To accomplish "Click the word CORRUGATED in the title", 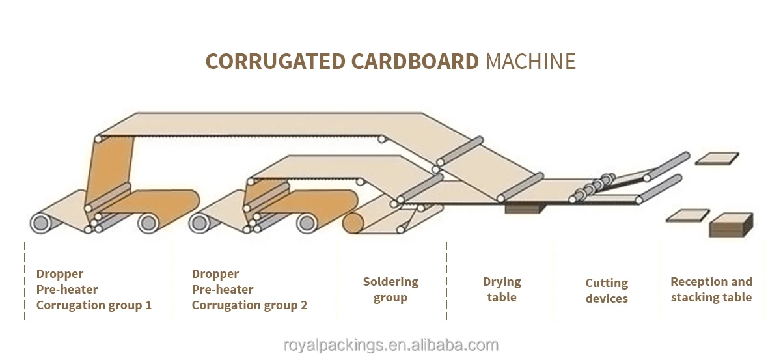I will [275, 61].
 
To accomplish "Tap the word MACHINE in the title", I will [530, 61].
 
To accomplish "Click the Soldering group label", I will [390, 290].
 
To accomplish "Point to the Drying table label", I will [502, 290].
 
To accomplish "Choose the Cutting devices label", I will [607, 291].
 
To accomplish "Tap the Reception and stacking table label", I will [711, 290].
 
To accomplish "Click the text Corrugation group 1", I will [94, 305].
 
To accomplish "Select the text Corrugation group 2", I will [249, 305].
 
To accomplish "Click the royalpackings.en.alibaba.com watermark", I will [390, 345].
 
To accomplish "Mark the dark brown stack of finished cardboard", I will [730, 225].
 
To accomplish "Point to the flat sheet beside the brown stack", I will [687, 215].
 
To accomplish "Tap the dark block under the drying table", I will [524, 208].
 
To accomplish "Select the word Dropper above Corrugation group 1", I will [60, 274].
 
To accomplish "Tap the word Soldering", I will [390, 282].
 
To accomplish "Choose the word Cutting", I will [607, 283].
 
